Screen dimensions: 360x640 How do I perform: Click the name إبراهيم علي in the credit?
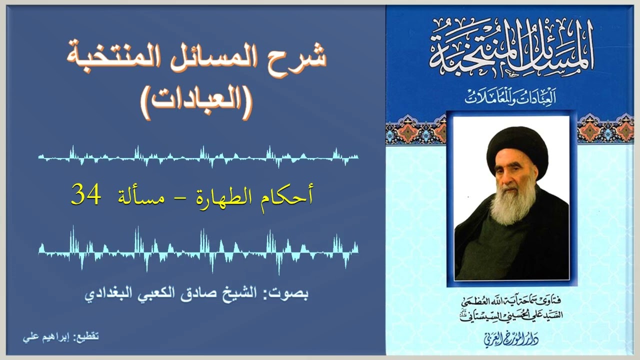[x=42, y=336]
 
